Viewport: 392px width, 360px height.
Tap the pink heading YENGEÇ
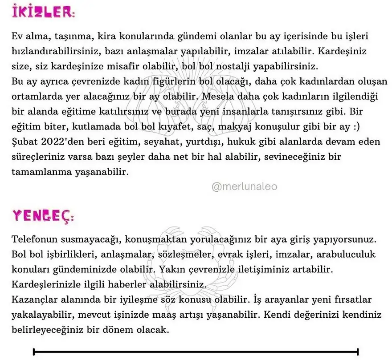coord(42,216)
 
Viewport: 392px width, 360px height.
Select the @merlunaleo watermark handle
coord(245,187)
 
